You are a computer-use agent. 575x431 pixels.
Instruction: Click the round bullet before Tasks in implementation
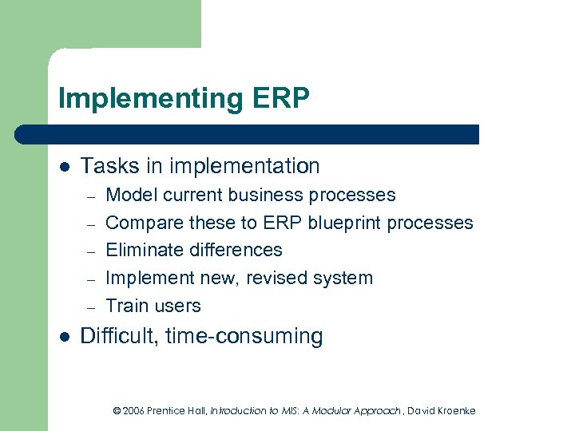coord(64,167)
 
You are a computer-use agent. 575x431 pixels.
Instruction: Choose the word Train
coord(128,306)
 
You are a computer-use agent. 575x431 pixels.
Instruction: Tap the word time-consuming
coord(244,336)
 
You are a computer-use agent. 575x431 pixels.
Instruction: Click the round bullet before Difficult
coord(64,337)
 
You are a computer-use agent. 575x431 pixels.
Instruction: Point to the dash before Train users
coord(92,307)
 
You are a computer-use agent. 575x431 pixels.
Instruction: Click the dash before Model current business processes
coord(92,196)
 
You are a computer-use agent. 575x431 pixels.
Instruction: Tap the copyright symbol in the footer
coord(117,411)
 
